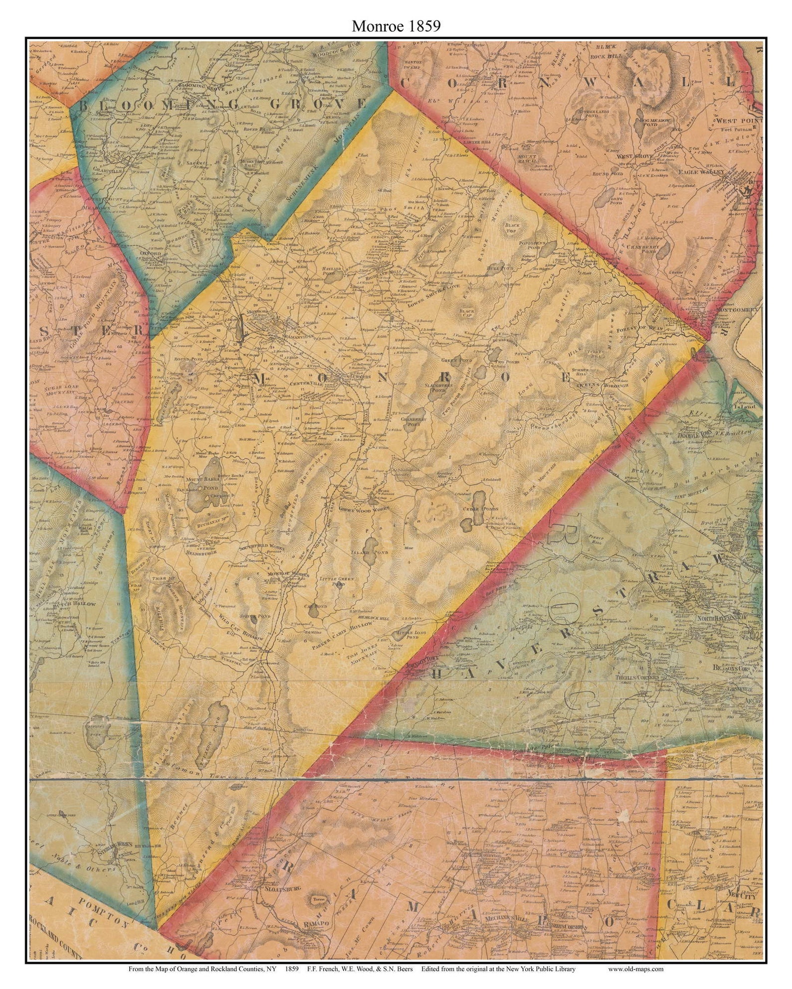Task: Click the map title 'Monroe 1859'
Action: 396,26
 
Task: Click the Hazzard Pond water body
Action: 331,277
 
